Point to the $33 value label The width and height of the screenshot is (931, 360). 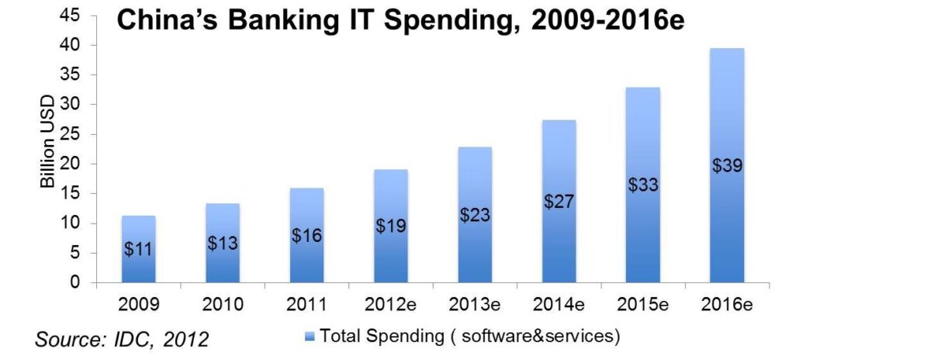642,185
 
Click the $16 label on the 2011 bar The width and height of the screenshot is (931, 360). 306,234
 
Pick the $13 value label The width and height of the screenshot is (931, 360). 223,242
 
